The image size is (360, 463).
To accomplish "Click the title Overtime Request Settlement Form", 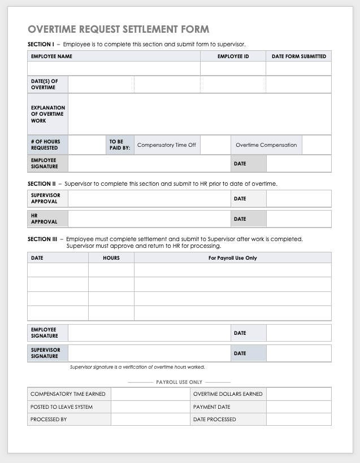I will coord(118,29).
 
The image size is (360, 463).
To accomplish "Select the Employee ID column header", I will coord(233,56).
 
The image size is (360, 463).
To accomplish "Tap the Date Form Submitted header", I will coord(298,56).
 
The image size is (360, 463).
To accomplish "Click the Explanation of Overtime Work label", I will coord(47,114).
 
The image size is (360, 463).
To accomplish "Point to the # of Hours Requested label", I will coord(45,145).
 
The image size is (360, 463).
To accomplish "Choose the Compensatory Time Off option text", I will coord(166,145).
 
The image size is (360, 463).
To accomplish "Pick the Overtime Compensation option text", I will coord(266,145).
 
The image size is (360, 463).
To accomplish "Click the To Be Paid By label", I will coord(119,145).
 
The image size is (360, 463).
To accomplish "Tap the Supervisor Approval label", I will coord(45,198).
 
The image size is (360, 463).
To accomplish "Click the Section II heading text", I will coord(41,184).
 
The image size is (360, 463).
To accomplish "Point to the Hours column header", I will coord(111,258).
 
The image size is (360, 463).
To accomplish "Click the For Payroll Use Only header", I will coord(232,258).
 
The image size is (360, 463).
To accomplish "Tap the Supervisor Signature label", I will coord(45,353).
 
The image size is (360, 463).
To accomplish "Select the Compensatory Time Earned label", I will coord(68,394).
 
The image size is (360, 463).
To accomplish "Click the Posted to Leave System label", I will coord(62,407).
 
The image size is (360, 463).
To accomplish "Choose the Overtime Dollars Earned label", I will coord(227,394).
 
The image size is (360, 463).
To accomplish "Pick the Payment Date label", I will coord(211,407).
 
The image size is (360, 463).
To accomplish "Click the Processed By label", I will coord(49,420).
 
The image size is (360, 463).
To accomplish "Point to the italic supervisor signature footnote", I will coord(137,367).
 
